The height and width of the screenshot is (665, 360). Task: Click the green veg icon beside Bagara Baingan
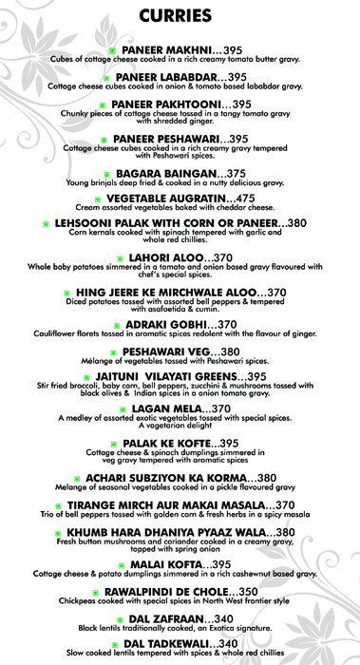click(106, 174)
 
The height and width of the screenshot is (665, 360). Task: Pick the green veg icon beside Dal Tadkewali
click(107, 643)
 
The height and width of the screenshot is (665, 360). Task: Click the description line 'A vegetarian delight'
click(180, 428)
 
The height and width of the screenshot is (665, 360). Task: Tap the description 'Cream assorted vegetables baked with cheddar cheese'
click(180, 207)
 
